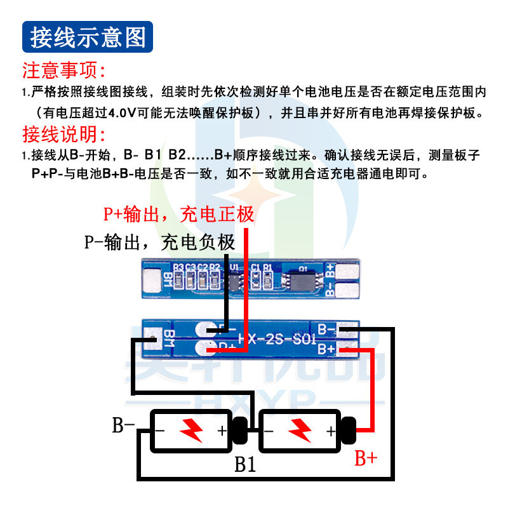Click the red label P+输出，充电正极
[x=178, y=215]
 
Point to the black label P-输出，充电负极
[x=159, y=242]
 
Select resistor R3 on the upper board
[x=178, y=277]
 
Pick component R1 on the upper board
[x=267, y=277]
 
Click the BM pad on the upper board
[x=152, y=279]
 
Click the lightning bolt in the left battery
[x=190, y=431]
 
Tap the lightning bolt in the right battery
[x=299, y=431]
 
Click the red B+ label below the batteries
[x=366, y=458]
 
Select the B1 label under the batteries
[x=245, y=464]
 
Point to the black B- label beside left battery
[x=124, y=425]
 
